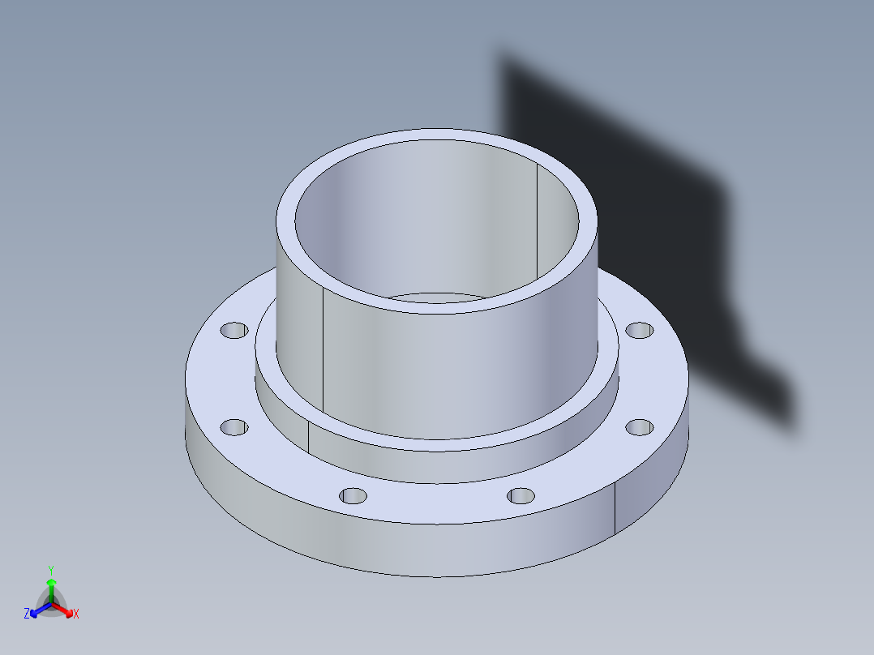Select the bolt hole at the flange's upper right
(x=640, y=331)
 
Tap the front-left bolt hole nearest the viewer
(x=353, y=494)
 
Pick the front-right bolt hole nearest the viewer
(x=521, y=494)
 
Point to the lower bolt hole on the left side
(x=234, y=426)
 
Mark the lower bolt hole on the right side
(x=640, y=426)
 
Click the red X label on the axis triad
(x=76, y=614)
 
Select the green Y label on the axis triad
(x=50, y=570)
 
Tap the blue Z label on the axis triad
(x=27, y=614)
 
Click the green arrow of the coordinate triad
(x=50, y=587)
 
